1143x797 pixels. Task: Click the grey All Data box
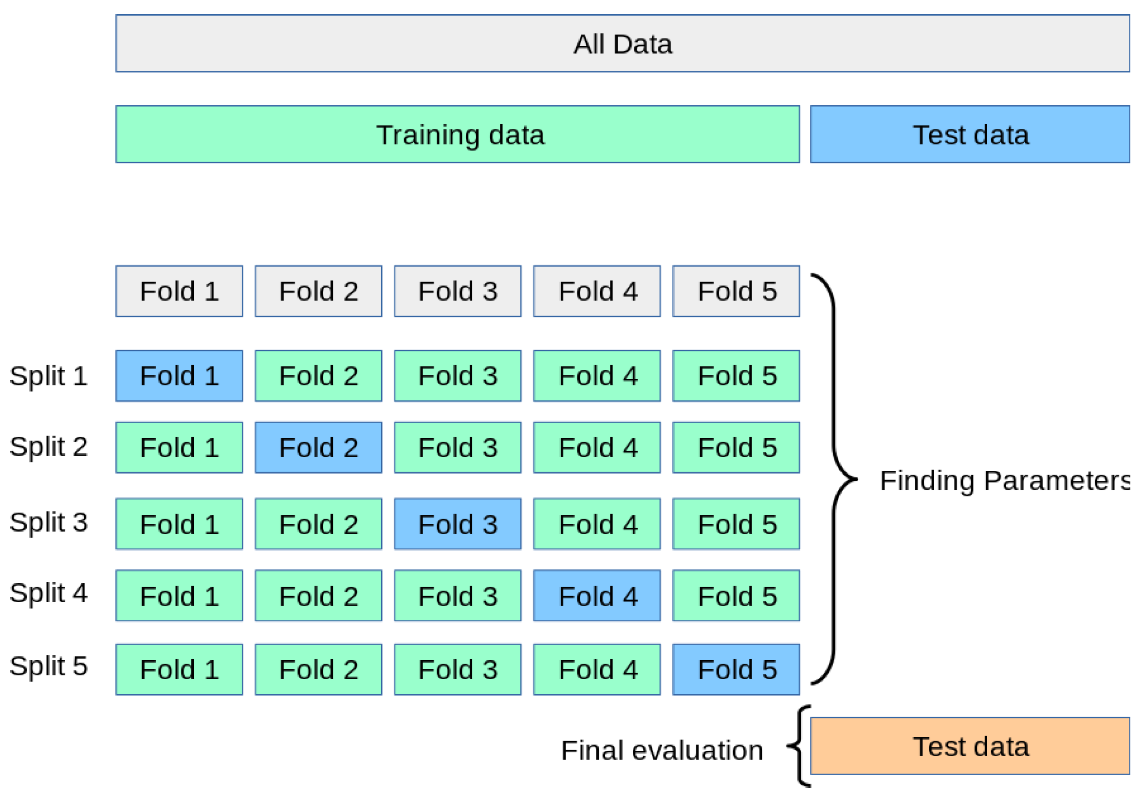click(622, 43)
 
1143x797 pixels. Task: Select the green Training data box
click(458, 134)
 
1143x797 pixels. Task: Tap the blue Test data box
click(970, 134)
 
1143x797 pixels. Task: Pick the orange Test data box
click(970, 746)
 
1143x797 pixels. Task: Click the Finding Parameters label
click(1005, 481)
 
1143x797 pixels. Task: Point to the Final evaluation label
click(662, 750)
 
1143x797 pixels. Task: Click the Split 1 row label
click(48, 376)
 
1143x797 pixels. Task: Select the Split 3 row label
click(48, 522)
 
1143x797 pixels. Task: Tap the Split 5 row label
click(48, 666)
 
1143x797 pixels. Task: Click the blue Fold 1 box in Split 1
click(179, 376)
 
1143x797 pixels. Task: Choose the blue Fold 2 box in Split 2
click(318, 447)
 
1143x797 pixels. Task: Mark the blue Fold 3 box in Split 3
click(458, 524)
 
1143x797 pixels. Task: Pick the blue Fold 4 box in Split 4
click(596, 595)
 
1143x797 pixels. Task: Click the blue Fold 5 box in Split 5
click(736, 669)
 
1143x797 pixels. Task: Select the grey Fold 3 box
click(458, 291)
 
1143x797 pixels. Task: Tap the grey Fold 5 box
click(736, 291)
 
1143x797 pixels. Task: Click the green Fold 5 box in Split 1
click(736, 376)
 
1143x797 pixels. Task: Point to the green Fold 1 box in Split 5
click(179, 669)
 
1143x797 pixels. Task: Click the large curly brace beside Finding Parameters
click(835, 478)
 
